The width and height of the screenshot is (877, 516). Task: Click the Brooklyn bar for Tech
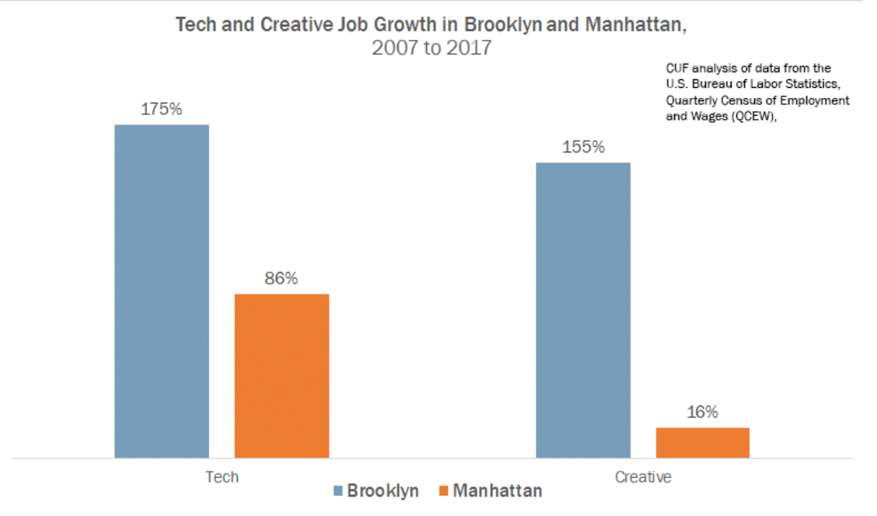coord(162,291)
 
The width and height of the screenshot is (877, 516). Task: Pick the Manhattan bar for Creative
coord(703,442)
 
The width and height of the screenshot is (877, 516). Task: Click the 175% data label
coord(161,110)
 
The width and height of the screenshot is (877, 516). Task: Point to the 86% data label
coord(281,278)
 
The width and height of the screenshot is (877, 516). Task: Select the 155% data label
coord(583,147)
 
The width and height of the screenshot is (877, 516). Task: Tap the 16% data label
coord(702,413)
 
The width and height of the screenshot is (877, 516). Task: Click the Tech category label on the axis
coord(222,476)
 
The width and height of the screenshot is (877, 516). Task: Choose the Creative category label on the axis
coord(642,476)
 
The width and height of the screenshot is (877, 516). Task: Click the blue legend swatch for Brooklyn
coord(338,491)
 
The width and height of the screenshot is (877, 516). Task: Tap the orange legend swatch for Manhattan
coord(444,491)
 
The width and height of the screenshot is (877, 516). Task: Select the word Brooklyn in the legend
coord(383,491)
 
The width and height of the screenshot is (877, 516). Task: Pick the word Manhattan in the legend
coord(498,491)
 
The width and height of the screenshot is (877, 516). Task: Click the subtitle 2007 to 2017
coord(432,48)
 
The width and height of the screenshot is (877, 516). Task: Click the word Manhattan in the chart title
coord(635,24)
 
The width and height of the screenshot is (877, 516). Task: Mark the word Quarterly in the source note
coord(690,101)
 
